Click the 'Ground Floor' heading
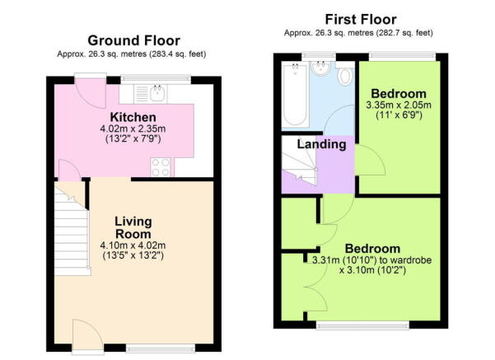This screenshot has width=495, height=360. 133,40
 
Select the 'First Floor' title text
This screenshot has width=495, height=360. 361,19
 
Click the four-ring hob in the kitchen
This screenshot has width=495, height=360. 161,167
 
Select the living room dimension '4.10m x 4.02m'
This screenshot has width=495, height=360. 133,245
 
